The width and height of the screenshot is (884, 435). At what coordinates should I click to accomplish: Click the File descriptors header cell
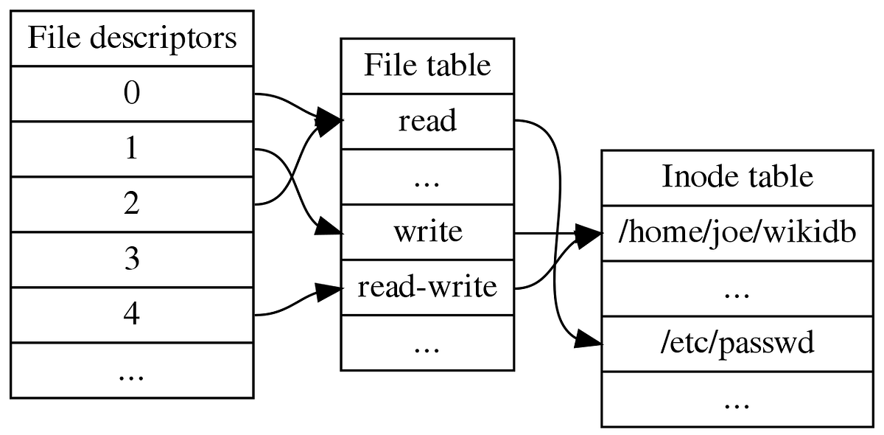pyautogui.click(x=132, y=38)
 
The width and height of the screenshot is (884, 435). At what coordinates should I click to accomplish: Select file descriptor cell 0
pyautogui.click(x=132, y=94)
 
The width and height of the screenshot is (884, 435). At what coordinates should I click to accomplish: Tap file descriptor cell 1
pyautogui.click(x=132, y=150)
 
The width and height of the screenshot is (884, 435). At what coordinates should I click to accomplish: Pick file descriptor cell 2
pyautogui.click(x=132, y=204)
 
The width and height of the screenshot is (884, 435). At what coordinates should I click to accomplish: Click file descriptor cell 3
pyautogui.click(x=132, y=260)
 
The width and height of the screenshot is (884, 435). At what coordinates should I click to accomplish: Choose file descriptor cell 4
pyautogui.click(x=132, y=315)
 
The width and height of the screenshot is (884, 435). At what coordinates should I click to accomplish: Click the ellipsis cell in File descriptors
pyautogui.click(x=132, y=371)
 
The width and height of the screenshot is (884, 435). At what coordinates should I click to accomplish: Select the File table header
pyautogui.click(x=427, y=66)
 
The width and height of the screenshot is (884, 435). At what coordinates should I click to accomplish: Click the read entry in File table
pyautogui.click(x=427, y=121)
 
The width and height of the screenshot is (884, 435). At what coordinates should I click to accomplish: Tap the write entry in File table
pyautogui.click(x=427, y=232)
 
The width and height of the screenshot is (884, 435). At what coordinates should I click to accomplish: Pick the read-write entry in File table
pyautogui.click(x=427, y=288)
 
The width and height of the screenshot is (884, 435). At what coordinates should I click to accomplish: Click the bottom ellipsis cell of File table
pyautogui.click(x=427, y=343)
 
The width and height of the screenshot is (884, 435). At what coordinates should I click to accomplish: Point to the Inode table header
pyautogui.click(x=737, y=177)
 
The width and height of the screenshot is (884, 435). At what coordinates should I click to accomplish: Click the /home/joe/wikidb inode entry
pyautogui.click(x=737, y=233)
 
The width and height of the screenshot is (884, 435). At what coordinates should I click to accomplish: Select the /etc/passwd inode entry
pyautogui.click(x=737, y=344)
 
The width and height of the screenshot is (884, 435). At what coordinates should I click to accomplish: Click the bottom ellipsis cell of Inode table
pyautogui.click(x=737, y=400)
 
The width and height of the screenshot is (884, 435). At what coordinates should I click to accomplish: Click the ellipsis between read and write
pyautogui.click(x=427, y=177)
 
